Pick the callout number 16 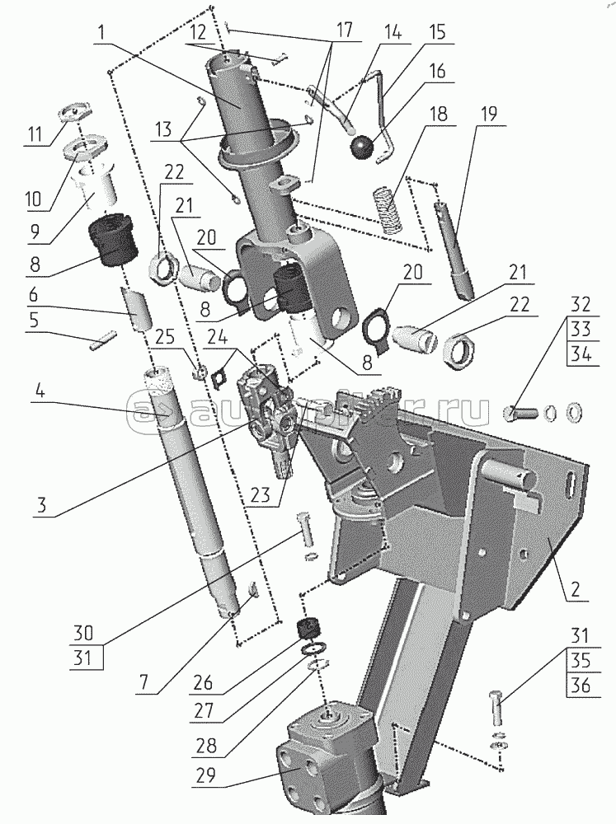(437, 72)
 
